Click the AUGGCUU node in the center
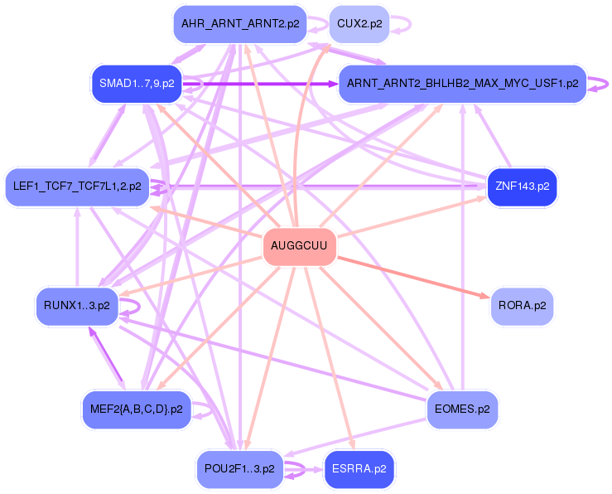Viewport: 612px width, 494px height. (299, 247)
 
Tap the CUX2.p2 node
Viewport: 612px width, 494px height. (359, 24)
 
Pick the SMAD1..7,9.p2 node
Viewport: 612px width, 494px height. (137, 84)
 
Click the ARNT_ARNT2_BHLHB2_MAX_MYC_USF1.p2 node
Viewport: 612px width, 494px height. (463, 84)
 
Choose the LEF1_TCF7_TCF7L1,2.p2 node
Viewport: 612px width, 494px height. (76, 186)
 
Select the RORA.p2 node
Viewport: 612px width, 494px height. (522, 306)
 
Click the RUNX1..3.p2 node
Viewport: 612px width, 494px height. (77, 306)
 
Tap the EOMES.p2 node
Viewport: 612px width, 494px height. (461, 409)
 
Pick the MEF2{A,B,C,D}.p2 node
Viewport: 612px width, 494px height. (137, 409)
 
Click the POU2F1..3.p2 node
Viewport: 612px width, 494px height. (239, 468)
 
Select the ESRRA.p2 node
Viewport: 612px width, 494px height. (359, 468)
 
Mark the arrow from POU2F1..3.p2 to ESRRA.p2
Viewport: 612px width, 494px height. (303, 469)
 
